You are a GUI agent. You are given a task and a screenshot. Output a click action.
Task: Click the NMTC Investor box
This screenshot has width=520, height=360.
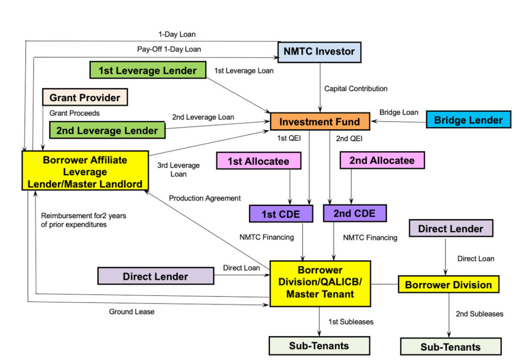(x=319, y=52)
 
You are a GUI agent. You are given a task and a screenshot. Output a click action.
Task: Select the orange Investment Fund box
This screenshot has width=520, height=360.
(x=320, y=122)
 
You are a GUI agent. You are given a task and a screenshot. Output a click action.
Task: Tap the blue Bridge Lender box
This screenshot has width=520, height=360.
(x=469, y=120)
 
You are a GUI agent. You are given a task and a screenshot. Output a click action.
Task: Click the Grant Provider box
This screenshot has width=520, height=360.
(x=85, y=97)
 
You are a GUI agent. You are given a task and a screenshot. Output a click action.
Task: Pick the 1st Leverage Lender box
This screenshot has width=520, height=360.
(x=147, y=71)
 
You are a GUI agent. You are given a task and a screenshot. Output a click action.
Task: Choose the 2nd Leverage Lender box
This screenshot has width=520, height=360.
(x=107, y=130)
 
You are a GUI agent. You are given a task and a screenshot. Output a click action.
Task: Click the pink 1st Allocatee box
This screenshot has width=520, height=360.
(x=258, y=161)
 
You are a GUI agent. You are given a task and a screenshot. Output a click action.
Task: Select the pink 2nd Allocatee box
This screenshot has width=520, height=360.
(x=382, y=161)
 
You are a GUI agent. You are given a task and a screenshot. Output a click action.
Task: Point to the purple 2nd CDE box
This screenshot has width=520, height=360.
(x=354, y=213)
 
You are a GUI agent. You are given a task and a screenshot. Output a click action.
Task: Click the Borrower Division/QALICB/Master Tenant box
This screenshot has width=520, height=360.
(x=320, y=283)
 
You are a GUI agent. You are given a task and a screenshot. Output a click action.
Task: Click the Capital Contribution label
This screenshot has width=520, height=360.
(x=356, y=89)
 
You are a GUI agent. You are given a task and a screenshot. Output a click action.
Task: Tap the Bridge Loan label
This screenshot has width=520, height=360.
(x=399, y=112)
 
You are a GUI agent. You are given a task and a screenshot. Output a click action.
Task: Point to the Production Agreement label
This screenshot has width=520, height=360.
(x=205, y=198)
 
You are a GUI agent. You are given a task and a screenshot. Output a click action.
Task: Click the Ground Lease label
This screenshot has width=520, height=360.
(x=132, y=312)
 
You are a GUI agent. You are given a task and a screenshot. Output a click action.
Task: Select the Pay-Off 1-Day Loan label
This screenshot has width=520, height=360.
(x=169, y=49)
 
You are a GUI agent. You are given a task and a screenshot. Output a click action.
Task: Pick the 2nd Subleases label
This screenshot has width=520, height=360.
(x=479, y=314)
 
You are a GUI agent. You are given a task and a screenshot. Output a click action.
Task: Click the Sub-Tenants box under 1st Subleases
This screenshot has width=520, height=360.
(x=319, y=346)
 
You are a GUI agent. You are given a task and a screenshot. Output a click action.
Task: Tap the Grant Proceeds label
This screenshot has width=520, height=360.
(x=75, y=113)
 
